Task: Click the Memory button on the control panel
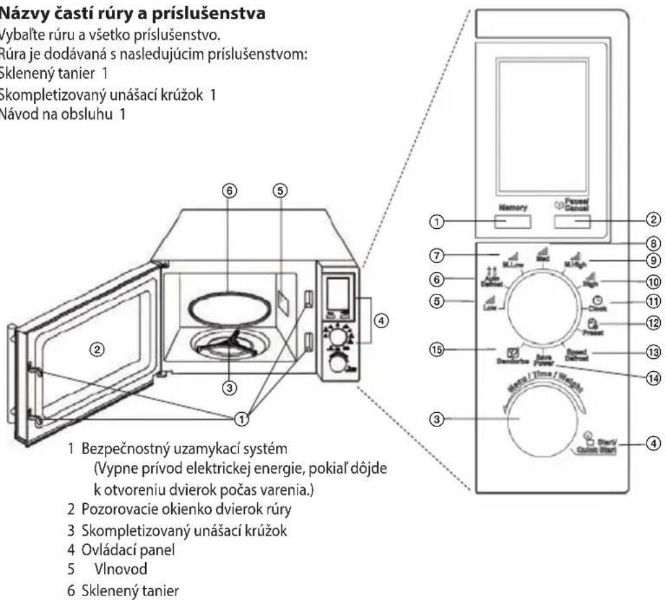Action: [512, 222]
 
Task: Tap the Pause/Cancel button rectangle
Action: [573, 222]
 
